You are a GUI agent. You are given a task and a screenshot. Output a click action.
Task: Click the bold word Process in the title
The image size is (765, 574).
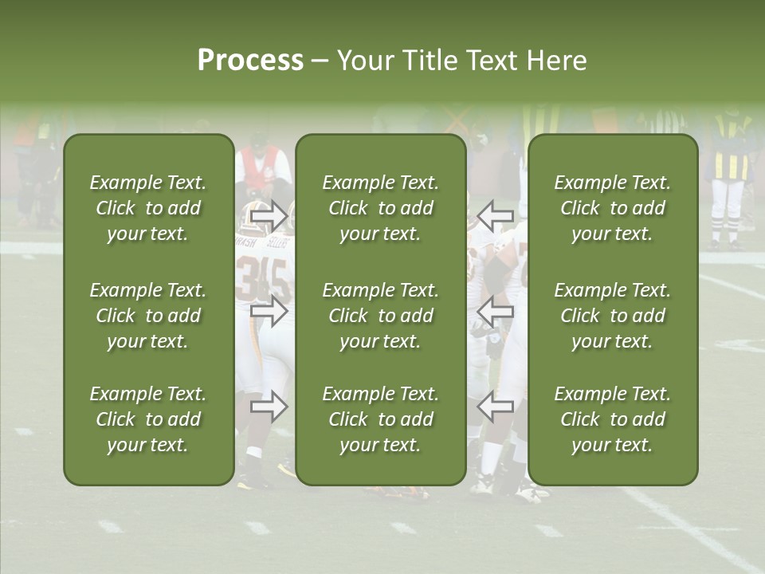pos(250,61)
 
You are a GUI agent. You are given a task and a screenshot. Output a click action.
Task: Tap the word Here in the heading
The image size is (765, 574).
pos(555,61)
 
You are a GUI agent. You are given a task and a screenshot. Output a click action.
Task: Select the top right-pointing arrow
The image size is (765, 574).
pos(269,215)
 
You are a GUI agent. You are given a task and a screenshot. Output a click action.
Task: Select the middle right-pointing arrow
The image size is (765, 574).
pos(269,311)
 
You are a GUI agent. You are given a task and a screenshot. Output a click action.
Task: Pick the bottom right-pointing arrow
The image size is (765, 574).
pos(269,407)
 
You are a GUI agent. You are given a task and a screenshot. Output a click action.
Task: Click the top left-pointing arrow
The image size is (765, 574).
pos(495,215)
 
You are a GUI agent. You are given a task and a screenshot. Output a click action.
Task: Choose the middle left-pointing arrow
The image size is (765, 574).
pos(495,311)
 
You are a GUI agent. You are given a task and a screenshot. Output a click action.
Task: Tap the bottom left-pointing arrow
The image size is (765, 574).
pos(495,407)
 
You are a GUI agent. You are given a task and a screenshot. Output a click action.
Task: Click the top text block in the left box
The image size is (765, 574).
pos(148,208)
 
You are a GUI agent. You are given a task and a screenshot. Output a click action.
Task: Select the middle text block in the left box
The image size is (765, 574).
pos(148,316)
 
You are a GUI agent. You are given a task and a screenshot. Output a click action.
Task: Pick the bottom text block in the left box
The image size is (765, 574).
pos(148,419)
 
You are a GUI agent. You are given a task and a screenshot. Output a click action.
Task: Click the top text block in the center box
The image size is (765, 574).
pos(380,208)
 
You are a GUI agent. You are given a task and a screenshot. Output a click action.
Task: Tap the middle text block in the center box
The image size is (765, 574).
pos(380,316)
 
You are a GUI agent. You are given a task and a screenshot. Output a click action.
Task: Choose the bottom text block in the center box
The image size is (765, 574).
pos(380,419)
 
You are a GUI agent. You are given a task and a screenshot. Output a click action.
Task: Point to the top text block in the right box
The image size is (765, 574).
pos(613,208)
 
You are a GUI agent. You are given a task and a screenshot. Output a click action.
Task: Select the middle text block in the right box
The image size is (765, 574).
pos(613,316)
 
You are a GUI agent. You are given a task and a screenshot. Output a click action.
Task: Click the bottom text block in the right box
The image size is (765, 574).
pos(613,419)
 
